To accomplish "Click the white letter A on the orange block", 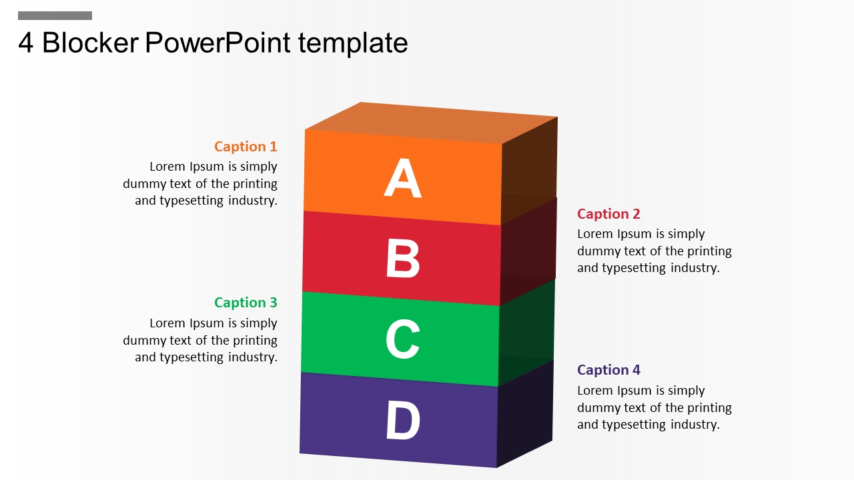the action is tap(402, 177).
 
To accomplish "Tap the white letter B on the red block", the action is tap(403, 258).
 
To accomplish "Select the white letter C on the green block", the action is tap(403, 339).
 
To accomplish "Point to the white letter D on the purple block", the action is tap(403, 420).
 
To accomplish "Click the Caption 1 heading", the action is tap(246, 147).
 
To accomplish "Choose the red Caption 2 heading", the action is tap(608, 214).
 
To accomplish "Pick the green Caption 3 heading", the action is tap(246, 303).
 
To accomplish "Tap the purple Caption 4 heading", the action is tap(608, 370).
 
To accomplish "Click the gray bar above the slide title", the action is tap(55, 15).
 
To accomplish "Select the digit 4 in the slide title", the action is tap(25, 43).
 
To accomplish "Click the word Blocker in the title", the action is tap(90, 42).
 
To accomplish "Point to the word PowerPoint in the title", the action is tap(218, 42).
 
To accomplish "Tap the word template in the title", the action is tap(353, 44).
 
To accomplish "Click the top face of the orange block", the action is tap(431, 123).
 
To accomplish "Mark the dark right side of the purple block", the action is tap(525, 413).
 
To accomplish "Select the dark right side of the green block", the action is tap(526, 333).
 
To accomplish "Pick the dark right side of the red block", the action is tap(528, 252).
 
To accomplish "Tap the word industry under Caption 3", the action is tap(252, 357).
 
